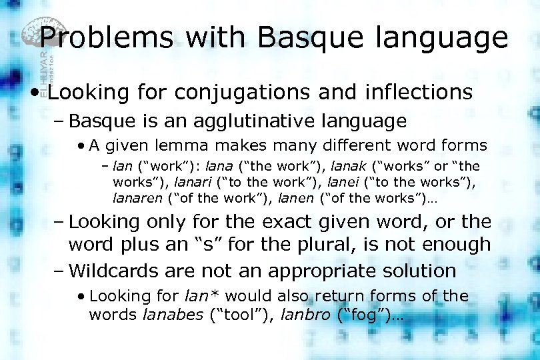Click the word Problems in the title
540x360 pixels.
click(106, 38)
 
